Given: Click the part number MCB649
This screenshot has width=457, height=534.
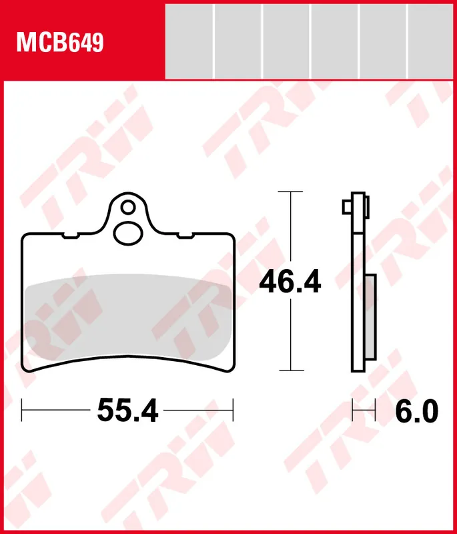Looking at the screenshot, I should click(60, 43).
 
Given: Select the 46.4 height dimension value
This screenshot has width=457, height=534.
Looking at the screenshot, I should click(290, 282).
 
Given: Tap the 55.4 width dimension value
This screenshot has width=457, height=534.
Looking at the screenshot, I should click(128, 410).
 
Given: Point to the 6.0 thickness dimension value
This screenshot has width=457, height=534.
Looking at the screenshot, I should click(416, 411).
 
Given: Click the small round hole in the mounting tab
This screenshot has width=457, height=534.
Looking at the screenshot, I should click(128, 205).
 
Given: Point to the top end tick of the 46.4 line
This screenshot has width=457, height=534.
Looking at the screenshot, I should click(290, 192).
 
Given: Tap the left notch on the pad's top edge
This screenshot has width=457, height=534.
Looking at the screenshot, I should click(71, 234).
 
